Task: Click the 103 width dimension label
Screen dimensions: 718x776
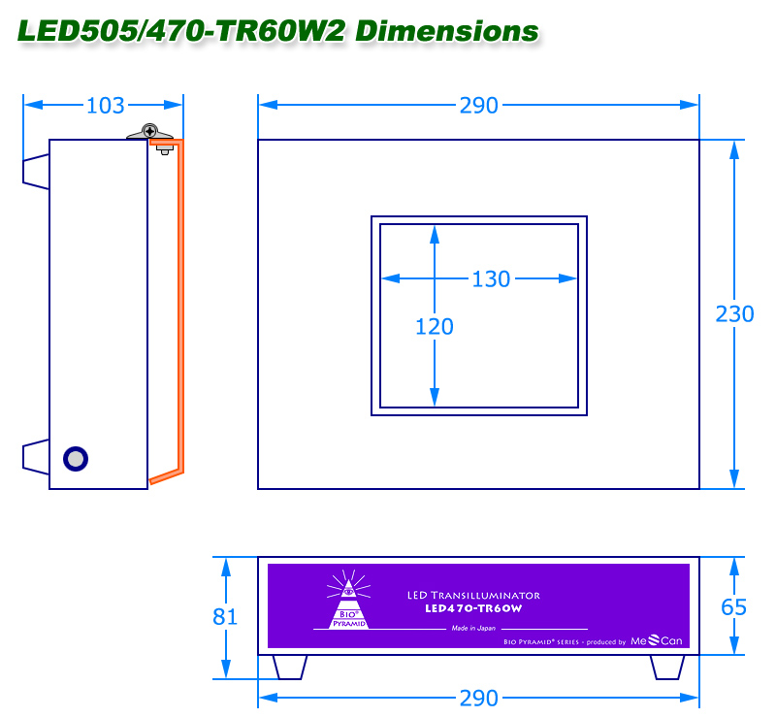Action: point(106,106)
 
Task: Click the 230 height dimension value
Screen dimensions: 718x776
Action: point(734,313)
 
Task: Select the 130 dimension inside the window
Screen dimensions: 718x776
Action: point(491,279)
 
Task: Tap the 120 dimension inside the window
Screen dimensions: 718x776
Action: point(434,327)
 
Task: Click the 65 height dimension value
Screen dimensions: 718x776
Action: point(734,607)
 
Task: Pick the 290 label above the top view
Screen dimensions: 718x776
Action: point(478,106)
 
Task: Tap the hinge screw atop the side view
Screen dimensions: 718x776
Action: point(149,131)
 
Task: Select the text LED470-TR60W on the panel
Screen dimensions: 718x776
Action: point(474,608)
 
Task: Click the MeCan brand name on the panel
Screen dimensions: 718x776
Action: point(658,640)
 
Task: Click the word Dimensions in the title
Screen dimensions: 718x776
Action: point(446,31)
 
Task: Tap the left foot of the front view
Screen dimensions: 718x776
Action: point(290,667)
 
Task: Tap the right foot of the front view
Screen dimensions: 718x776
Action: point(667,667)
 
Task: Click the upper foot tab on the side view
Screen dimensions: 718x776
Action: point(36,170)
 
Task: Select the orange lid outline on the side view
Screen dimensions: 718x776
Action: point(179,310)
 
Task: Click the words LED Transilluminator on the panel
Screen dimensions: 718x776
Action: point(474,595)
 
